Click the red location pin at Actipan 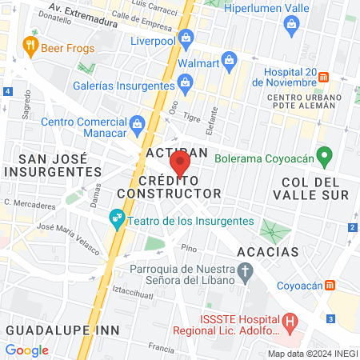180,164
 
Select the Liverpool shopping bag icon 186,37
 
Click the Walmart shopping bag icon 230,60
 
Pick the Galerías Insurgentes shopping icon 186,82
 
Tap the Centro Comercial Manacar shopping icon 137,122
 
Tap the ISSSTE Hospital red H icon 290,323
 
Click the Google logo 26,350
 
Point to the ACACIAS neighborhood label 267,252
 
